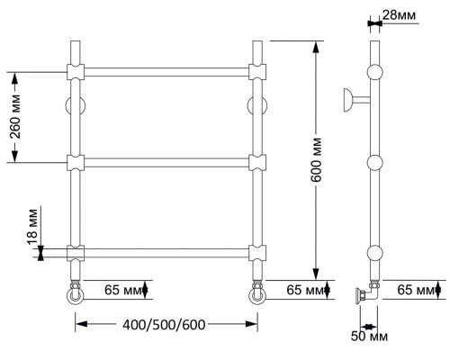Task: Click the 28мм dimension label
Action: pyautogui.click(x=399, y=15)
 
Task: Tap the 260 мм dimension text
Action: pyautogui.click(x=15, y=117)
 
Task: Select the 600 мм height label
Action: pyautogui.click(x=316, y=160)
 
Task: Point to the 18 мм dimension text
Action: pyautogui.click(x=32, y=227)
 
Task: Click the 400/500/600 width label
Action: pyautogui.click(x=164, y=325)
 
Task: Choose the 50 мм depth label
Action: pyautogui.click(x=369, y=337)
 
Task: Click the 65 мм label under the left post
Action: pyautogui.click(x=122, y=290)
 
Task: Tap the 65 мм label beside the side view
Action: pyautogui.click(x=416, y=290)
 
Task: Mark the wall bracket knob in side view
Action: pyautogui.click(x=348, y=100)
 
